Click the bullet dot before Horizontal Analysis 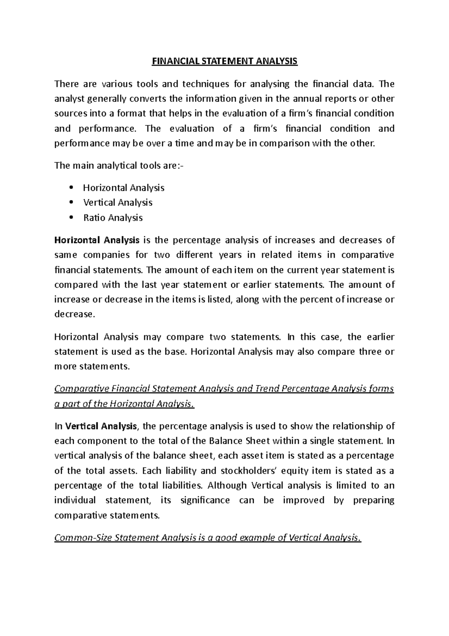point(71,187)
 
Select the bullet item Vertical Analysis point(117,203)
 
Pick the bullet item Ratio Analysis point(113,218)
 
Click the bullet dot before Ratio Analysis point(71,217)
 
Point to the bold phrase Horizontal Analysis point(97,240)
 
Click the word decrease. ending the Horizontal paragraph point(75,314)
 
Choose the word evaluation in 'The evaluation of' point(192,129)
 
